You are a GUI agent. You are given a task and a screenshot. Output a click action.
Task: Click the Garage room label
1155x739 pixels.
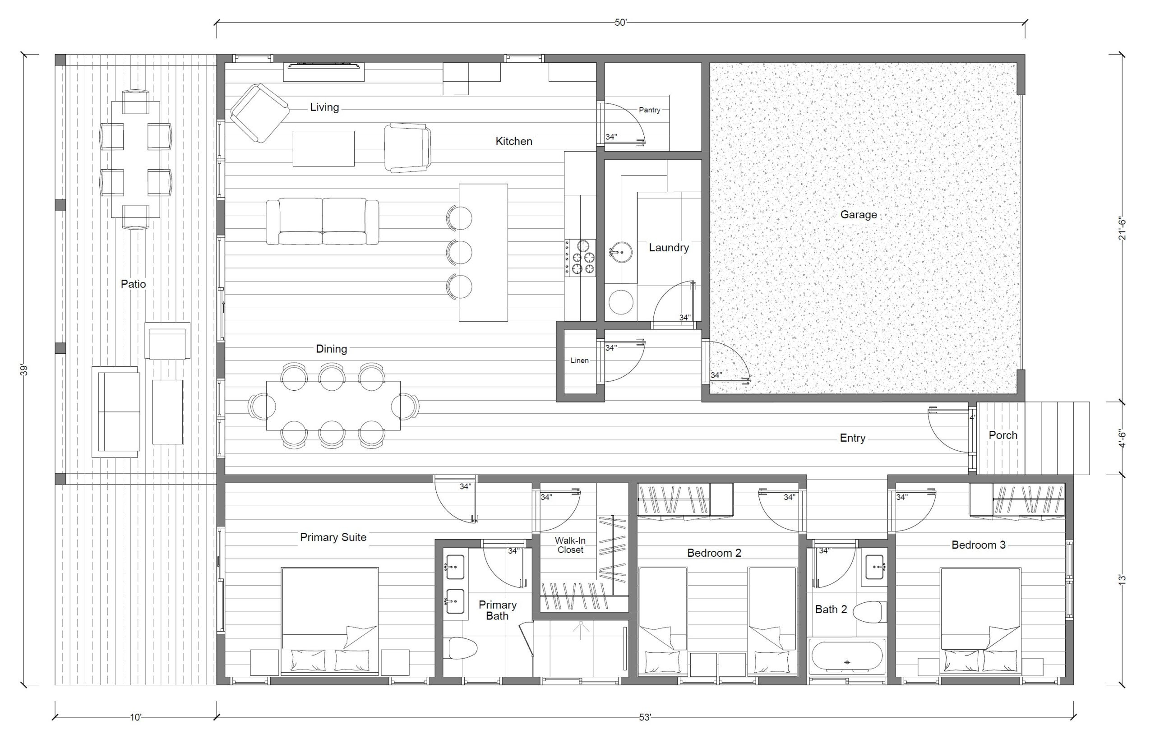(x=859, y=214)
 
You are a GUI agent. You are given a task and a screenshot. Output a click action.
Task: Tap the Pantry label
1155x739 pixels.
(x=649, y=110)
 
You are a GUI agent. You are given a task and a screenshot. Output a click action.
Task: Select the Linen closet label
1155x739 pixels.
(x=579, y=360)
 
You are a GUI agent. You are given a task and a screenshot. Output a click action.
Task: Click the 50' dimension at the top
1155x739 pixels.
(x=620, y=23)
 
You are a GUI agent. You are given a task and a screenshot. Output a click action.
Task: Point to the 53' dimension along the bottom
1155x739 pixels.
(x=645, y=717)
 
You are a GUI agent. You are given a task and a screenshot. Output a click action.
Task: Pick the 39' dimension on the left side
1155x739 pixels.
(x=24, y=370)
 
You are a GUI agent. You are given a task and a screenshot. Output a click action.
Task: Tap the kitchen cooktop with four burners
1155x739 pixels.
(x=580, y=258)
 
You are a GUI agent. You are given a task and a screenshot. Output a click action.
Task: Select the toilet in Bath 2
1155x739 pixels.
(x=869, y=612)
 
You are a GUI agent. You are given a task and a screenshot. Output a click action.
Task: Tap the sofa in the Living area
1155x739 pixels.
(x=323, y=222)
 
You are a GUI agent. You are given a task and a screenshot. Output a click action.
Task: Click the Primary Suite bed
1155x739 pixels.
(x=330, y=621)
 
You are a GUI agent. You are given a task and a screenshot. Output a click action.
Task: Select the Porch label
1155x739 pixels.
(x=1003, y=435)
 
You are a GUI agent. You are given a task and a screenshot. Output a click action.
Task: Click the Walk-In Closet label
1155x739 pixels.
(x=570, y=545)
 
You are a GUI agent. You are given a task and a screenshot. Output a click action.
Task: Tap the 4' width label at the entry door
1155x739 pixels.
(x=972, y=418)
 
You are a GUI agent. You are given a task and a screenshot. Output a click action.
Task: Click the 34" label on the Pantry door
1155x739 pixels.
(x=611, y=137)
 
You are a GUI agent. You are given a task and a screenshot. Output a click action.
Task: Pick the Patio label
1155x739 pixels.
(x=133, y=284)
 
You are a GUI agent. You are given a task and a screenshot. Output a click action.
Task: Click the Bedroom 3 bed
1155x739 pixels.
(x=980, y=621)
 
